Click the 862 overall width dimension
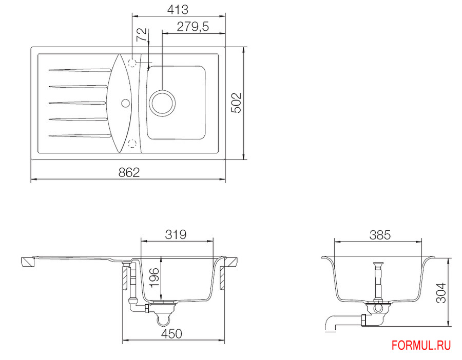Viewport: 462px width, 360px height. [129, 172]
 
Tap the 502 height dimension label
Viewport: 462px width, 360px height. [236, 103]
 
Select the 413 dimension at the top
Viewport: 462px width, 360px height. [178, 10]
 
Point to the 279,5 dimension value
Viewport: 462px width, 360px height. [192, 27]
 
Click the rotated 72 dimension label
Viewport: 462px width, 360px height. [142, 35]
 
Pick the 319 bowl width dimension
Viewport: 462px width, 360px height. [176, 234]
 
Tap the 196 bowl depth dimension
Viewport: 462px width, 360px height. [155, 277]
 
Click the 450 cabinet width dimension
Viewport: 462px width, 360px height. [172, 334]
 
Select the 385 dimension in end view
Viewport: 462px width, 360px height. [380, 235]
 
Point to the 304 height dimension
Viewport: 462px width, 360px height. [441, 293]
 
